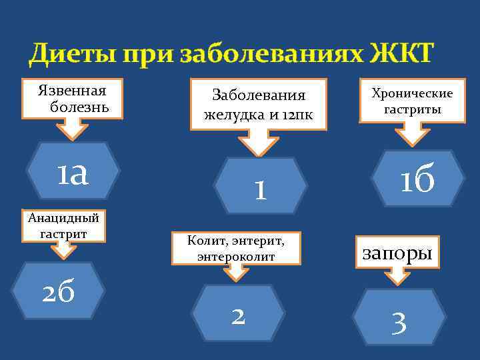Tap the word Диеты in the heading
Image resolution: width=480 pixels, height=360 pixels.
pos(71,53)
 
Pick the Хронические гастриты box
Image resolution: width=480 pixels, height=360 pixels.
pos(411,101)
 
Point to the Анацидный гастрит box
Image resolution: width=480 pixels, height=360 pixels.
pos(63,225)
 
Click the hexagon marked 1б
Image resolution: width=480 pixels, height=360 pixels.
pos(418,178)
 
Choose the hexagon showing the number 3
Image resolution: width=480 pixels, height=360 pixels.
pos(399,322)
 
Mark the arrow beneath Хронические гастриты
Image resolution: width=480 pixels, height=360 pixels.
pos(413,134)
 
